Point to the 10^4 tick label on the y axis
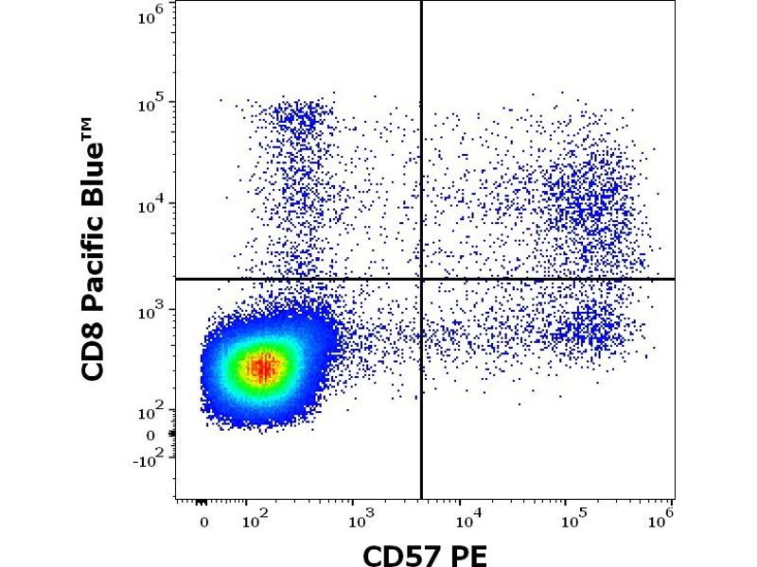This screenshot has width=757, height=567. [152, 205]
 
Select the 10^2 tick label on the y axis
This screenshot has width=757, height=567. [152, 411]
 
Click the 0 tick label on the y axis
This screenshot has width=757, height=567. [151, 436]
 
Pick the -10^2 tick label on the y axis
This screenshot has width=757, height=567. [148, 457]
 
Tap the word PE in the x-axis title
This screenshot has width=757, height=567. [468, 554]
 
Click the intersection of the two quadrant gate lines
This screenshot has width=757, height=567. [421, 279]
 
